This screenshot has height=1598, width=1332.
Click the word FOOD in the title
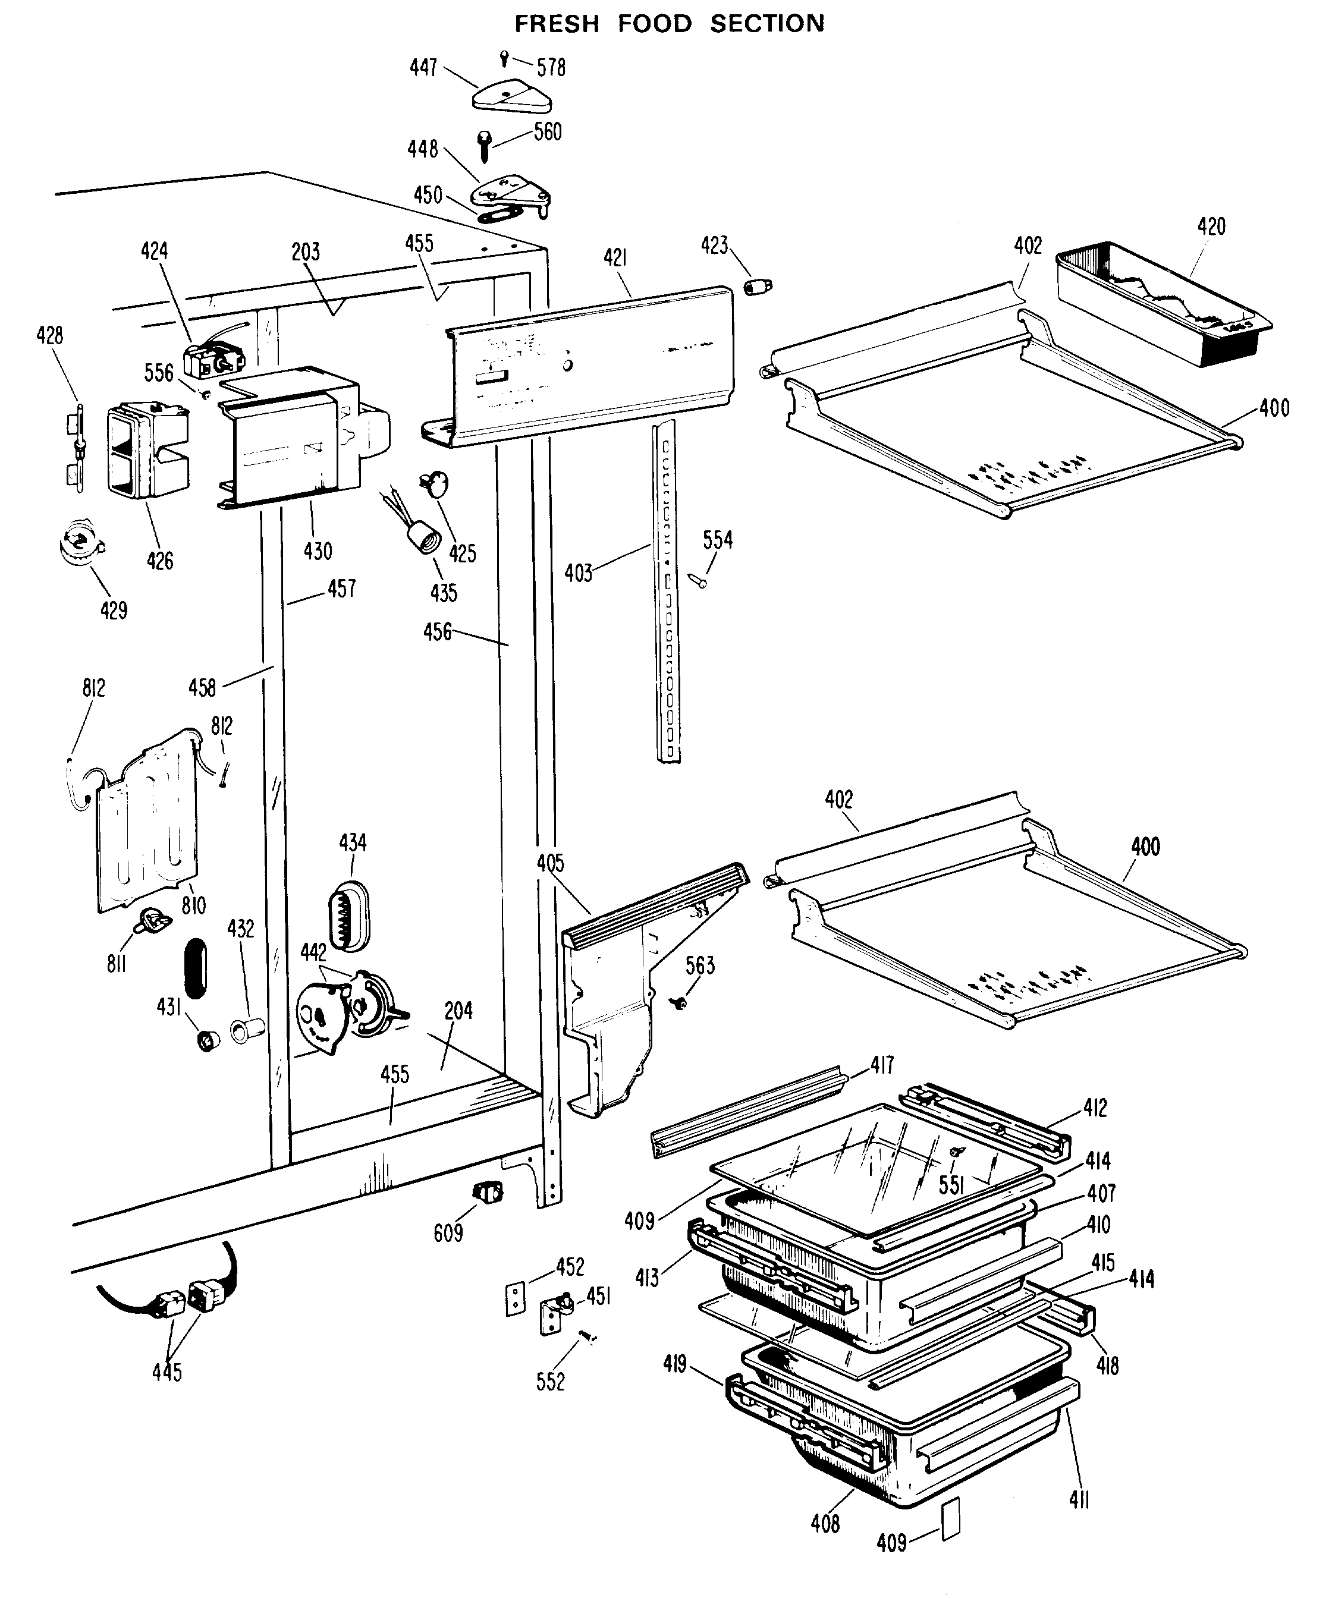(x=654, y=24)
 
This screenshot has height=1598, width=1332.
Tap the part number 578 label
(x=551, y=68)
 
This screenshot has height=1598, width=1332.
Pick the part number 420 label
(x=1211, y=226)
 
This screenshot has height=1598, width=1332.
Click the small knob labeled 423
(x=758, y=287)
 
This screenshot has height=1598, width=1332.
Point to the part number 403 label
(x=579, y=573)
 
